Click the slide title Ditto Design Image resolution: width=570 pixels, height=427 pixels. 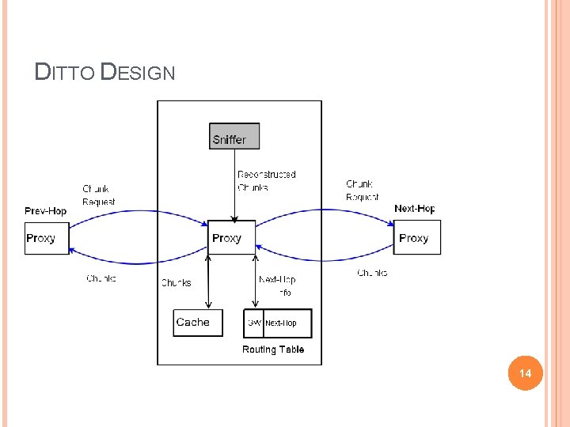(104, 74)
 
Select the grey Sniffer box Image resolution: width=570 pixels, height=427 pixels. (234, 136)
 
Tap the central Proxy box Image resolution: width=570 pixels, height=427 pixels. (231, 237)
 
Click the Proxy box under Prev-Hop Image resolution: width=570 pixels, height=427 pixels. (47, 237)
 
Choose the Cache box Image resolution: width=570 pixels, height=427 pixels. (197, 323)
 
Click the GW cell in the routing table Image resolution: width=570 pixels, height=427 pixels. (254, 323)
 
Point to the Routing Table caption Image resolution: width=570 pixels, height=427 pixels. (273, 350)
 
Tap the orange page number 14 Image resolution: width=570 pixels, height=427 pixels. (524, 372)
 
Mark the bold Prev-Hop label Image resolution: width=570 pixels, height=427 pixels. (46, 210)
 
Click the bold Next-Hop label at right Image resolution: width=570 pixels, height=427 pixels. (415, 209)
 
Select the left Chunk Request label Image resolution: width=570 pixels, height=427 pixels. (99, 195)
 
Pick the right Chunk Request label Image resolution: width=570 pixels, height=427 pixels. (362, 191)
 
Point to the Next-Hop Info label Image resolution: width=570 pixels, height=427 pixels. (277, 285)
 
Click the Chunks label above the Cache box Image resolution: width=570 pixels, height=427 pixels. (176, 282)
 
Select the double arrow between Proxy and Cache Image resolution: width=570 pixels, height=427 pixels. (208, 282)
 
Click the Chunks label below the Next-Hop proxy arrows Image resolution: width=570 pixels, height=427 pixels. (372, 273)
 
